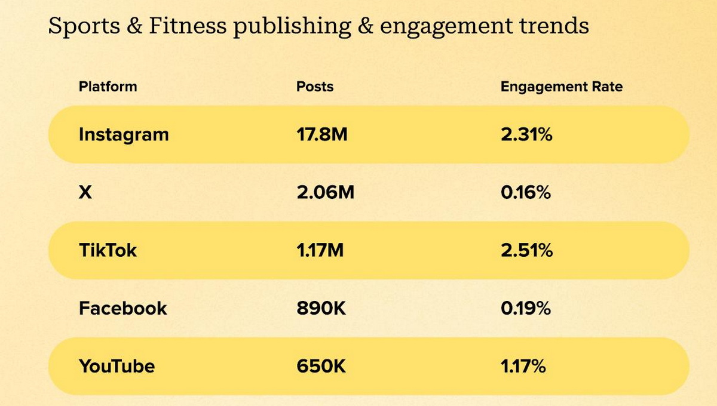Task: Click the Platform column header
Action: coord(108,87)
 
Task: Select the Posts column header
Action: coord(315,87)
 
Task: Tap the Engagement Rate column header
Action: coord(561,87)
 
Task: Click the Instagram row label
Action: coord(124,134)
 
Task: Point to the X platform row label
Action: coord(85,193)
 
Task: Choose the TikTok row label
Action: coord(108,250)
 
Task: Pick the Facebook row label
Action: coord(122,308)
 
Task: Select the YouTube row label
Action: coord(117,366)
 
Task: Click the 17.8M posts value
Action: coord(321,134)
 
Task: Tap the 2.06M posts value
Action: coord(325,193)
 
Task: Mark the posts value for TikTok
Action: coord(320,250)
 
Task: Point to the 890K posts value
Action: coord(321,308)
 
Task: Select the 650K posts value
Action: coord(321,366)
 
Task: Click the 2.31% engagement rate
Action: coord(526,134)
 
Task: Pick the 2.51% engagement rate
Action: coord(526,250)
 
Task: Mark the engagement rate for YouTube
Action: coord(523,366)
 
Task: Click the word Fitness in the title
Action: coord(180,26)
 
